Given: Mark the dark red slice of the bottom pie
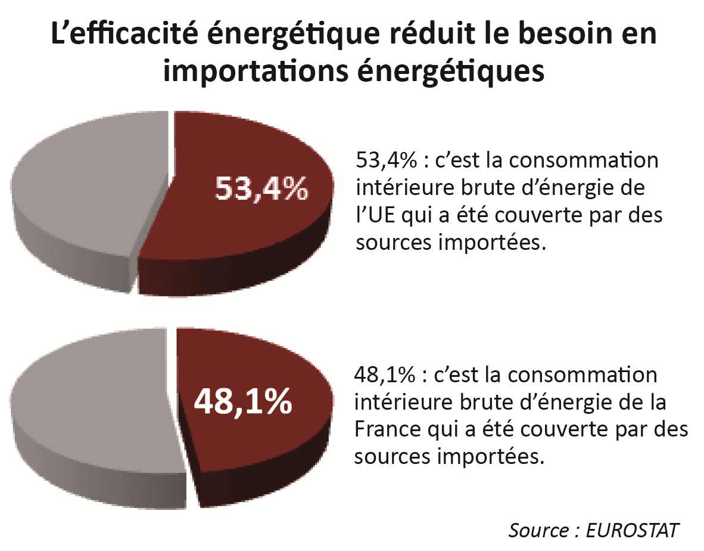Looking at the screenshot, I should point(250,441).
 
